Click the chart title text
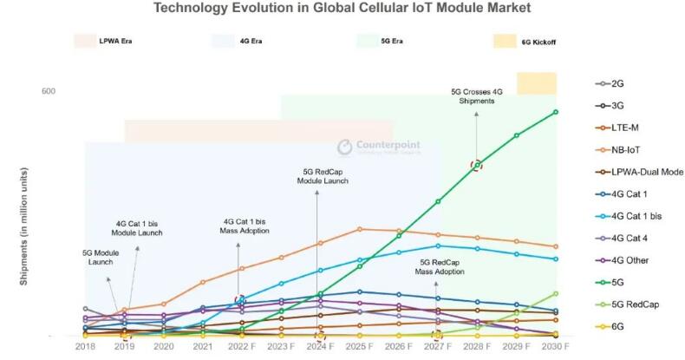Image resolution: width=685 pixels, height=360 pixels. [x=342, y=9]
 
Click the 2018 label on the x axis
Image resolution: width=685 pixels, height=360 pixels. [x=85, y=346]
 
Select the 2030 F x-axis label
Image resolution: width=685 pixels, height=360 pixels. [x=555, y=346]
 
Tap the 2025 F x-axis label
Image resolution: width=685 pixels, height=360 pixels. [x=359, y=346]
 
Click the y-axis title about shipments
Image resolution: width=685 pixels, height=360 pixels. [x=23, y=234]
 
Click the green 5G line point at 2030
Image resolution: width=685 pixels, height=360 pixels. [x=555, y=112]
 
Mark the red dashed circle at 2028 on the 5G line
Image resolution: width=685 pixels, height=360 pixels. [x=476, y=165]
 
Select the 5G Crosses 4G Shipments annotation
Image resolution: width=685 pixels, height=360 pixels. [x=476, y=95]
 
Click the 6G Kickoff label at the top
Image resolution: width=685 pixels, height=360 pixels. [x=538, y=41]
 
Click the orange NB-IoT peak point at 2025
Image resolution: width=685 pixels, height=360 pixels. [x=359, y=229]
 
